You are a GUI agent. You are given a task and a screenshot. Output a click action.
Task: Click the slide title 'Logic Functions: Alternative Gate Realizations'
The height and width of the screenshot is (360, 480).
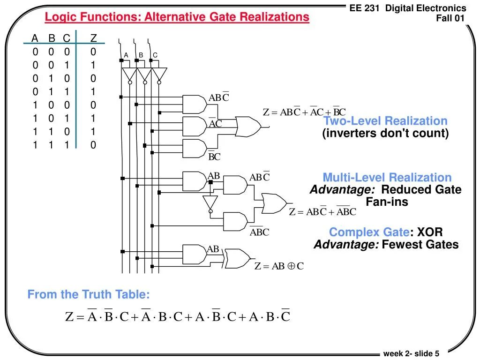click(x=177, y=17)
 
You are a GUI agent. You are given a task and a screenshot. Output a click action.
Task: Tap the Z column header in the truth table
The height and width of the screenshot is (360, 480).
click(x=93, y=38)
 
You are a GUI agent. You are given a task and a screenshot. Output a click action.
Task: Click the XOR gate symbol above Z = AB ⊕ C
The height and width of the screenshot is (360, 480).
click(x=238, y=257)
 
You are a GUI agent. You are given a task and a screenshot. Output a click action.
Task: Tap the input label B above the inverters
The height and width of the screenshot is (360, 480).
click(x=140, y=55)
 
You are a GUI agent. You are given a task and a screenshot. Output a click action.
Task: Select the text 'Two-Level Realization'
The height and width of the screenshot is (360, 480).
click(x=385, y=121)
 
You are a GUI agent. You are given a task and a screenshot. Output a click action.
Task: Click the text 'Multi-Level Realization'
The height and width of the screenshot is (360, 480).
click(x=387, y=177)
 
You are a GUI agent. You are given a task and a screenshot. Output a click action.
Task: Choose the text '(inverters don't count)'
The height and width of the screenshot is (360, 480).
click(x=385, y=134)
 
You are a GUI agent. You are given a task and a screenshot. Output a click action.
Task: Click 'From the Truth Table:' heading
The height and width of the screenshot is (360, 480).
click(x=89, y=294)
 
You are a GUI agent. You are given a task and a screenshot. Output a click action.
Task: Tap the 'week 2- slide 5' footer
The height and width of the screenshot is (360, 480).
click(x=411, y=353)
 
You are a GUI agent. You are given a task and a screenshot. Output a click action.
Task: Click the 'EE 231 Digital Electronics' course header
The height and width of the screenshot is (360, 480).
click(x=408, y=8)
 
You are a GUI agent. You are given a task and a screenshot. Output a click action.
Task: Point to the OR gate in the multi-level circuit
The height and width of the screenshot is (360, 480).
click(x=274, y=202)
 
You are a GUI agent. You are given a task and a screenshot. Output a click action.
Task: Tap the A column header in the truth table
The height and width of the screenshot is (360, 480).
click(x=35, y=38)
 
